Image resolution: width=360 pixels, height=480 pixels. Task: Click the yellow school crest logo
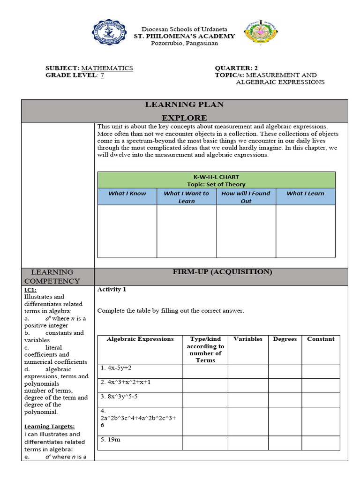pyautogui.click(x=260, y=34)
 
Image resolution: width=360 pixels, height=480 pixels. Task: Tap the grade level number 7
pyautogui.click(x=102, y=75)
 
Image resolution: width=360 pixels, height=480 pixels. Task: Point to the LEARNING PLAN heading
pyautogui.click(x=184, y=105)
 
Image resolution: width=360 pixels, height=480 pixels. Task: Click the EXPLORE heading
pyautogui.click(x=184, y=118)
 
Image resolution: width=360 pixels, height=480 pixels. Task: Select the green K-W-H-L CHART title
pyautogui.click(x=216, y=180)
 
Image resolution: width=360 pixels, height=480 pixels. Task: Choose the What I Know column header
pyautogui.click(x=127, y=193)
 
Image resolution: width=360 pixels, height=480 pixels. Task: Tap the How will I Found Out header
pyautogui.click(x=246, y=197)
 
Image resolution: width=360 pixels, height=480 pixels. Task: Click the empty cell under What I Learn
pyautogui.click(x=305, y=231)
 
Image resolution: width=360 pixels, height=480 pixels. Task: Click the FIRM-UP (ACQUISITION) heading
pyautogui.click(x=222, y=272)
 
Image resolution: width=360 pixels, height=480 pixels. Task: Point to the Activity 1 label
pyautogui.click(x=112, y=289)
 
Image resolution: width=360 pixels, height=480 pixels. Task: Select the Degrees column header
pyautogui.click(x=285, y=339)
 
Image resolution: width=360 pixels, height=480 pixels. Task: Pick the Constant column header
pyautogui.click(x=321, y=339)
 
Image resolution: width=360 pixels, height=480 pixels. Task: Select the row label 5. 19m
pyautogui.click(x=110, y=440)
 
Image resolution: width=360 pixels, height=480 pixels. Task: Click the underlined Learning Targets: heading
pyautogui.click(x=49, y=427)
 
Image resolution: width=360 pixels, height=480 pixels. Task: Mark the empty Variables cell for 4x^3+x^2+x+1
pyautogui.click(x=247, y=386)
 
